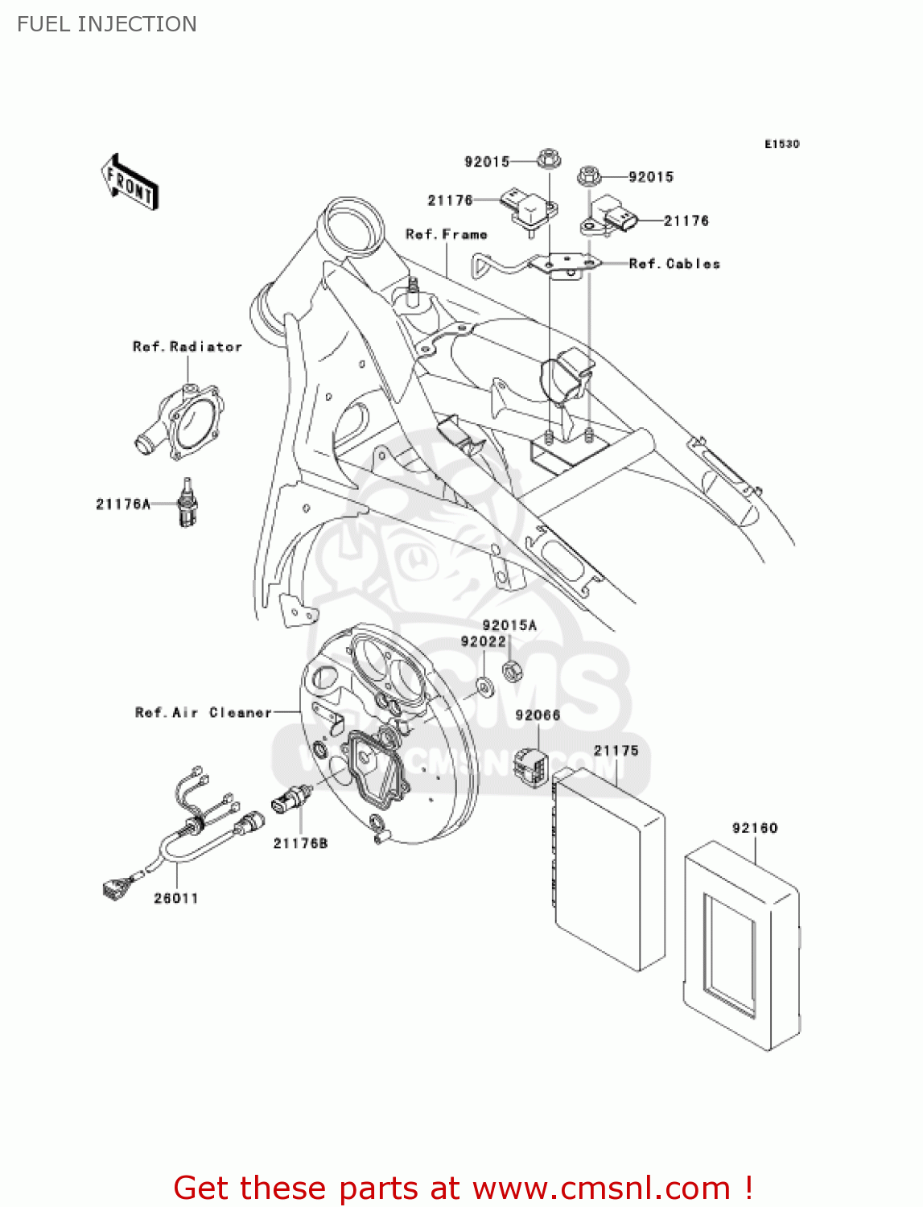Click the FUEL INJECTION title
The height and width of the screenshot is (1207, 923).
[107, 24]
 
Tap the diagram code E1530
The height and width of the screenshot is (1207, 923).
[781, 144]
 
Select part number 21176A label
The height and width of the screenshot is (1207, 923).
[123, 505]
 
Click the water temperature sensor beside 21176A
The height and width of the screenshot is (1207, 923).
[187, 505]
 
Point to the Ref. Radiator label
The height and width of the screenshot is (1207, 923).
[187, 347]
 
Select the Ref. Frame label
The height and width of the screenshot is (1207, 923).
[447, 234]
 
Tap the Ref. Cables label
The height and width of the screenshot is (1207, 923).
[674, 264]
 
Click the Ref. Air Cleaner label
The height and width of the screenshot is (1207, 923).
[204, 713]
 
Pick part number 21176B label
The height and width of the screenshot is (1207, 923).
[301, 843]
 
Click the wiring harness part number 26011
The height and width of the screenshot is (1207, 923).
[176, 898]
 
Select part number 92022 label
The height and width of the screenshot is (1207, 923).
[484, 641]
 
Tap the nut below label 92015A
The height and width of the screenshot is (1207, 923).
[512, 669]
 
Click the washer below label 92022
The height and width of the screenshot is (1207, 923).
[485, 686]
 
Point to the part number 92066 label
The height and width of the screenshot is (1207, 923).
[538, 715]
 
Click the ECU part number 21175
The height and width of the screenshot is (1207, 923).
[616, 751]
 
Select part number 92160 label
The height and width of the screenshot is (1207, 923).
[755, 828]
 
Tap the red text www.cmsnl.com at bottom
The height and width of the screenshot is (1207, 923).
[600, 1188]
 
